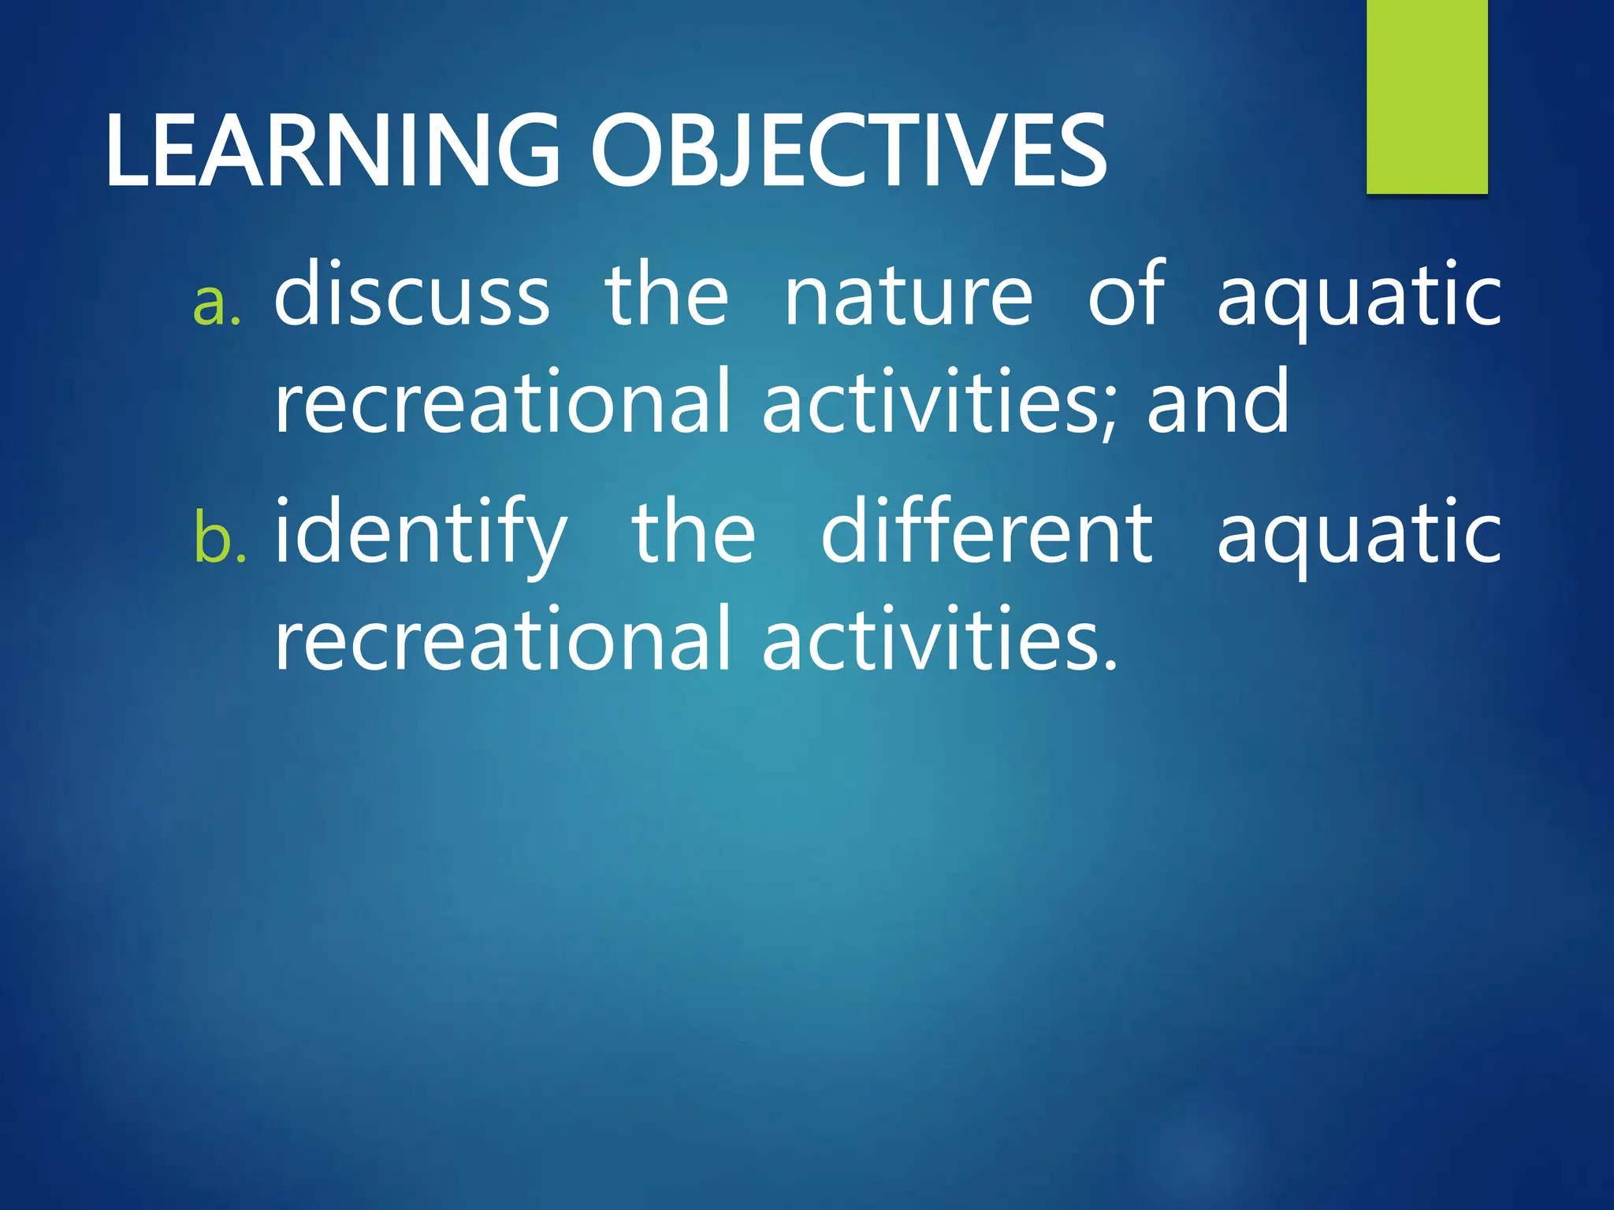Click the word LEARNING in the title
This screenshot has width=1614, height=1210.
click(331, 151)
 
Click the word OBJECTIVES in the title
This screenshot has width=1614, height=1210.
click(848, 151)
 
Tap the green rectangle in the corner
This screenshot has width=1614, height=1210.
click(1426, 96)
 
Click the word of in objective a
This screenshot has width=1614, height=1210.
click(1125, 293)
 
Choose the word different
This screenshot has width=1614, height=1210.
click(987, 533)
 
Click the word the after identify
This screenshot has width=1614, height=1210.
click(694, 533)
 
